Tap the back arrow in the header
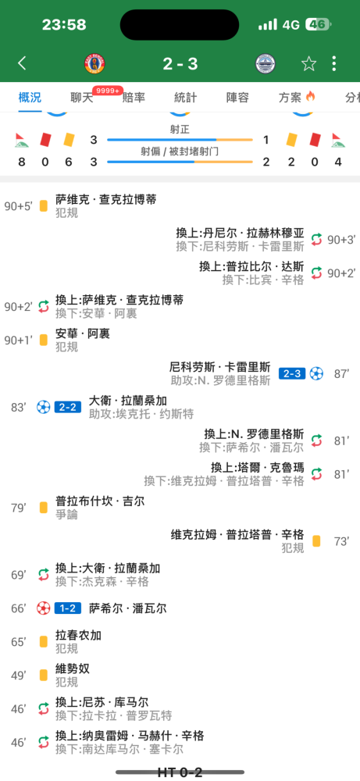[22, 63]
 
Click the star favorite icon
[308, 63]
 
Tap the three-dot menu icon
[334, 63]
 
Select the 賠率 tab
[134, 98]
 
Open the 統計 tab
[185, 98]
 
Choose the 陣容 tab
[237, 98]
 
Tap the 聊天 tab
[82, 98]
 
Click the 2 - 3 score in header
[180, 64]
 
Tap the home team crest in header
[94, 64]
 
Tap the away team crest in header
[266, 64]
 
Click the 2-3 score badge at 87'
[292, 373]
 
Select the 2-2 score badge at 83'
[68, 407]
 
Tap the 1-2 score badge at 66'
[68, 608]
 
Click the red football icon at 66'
[43, 608]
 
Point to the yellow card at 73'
[316, 541]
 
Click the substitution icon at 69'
[43, 575]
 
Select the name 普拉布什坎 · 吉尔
[100, 501]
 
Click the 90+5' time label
[19, 205]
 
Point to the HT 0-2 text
[180, 772]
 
